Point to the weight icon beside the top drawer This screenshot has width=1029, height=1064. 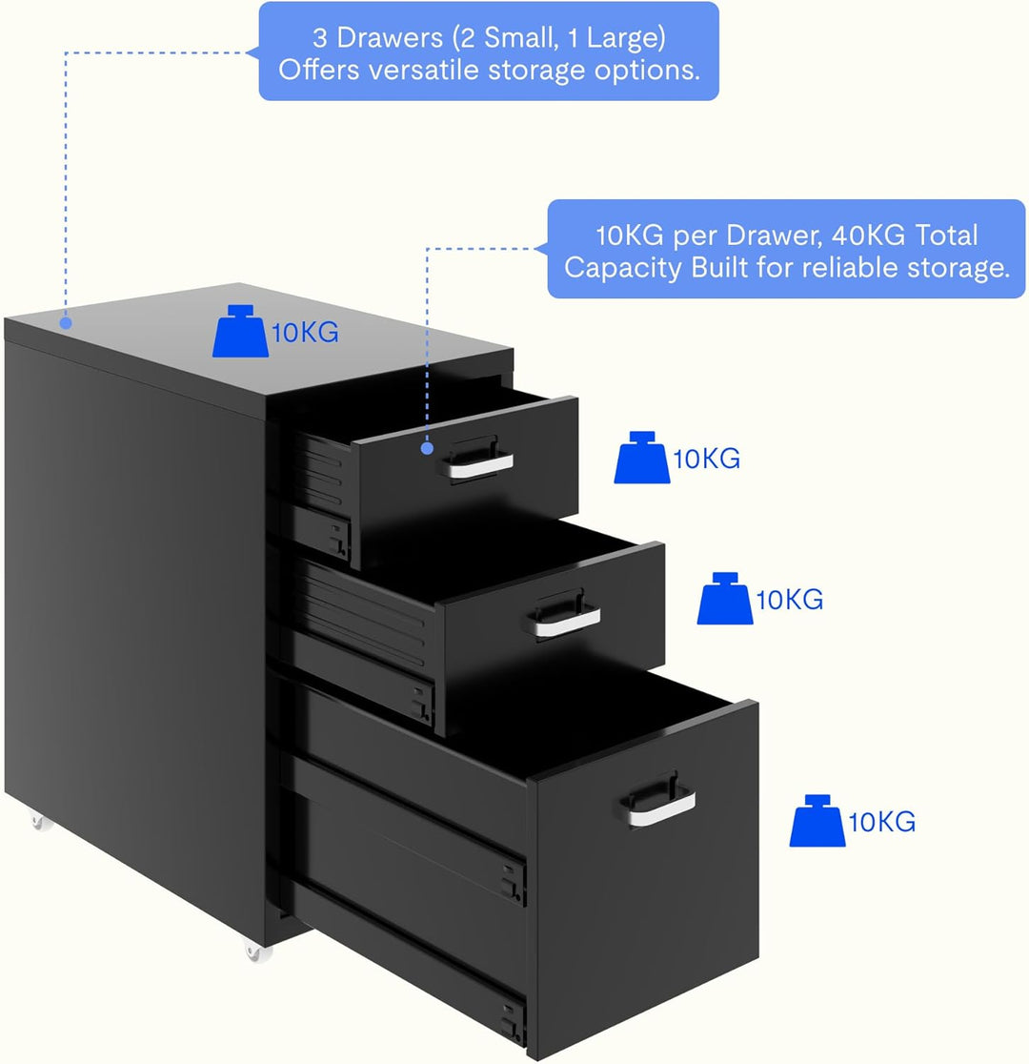(x=641, y=458)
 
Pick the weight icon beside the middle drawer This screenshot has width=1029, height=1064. (x=725, y=599)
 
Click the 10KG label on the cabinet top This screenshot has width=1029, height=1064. (x=305, y=333)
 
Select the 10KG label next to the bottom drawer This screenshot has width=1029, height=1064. (x=882, y=823)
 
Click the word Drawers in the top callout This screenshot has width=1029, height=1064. (x=390, y=38)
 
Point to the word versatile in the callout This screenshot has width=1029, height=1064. (x=424, y=70)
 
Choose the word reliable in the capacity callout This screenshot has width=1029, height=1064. (x=852, y=267)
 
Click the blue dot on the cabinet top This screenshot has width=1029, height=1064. (x=65, y=323)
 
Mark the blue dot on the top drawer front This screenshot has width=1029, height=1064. (x=427, y=448)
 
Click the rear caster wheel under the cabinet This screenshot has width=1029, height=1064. (x=41, y=823)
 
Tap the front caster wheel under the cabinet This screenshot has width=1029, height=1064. (x=256, y=952)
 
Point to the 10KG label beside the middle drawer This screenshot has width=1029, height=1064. (x=790, y=600)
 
